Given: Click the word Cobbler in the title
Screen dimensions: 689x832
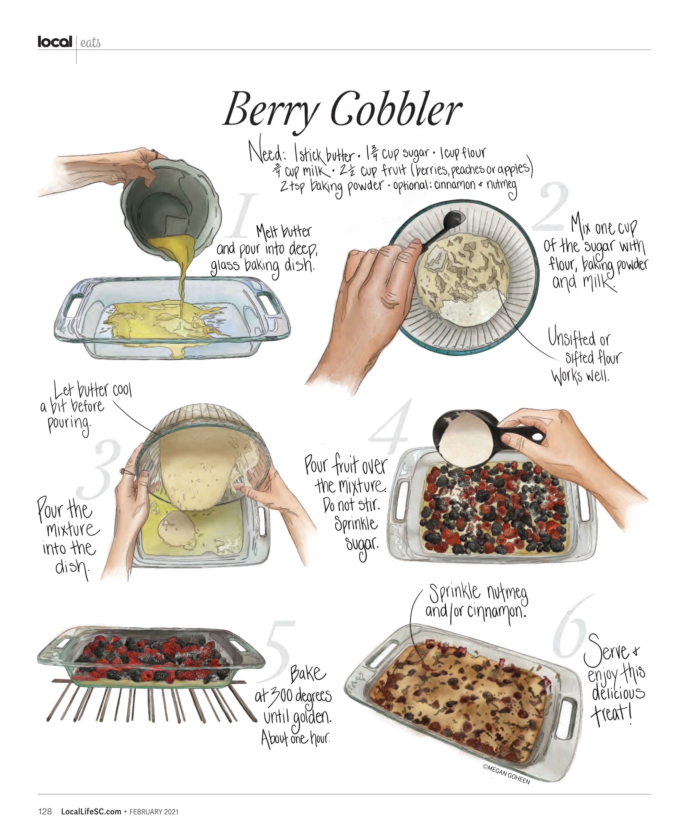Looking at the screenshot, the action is [x=396, y=109].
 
